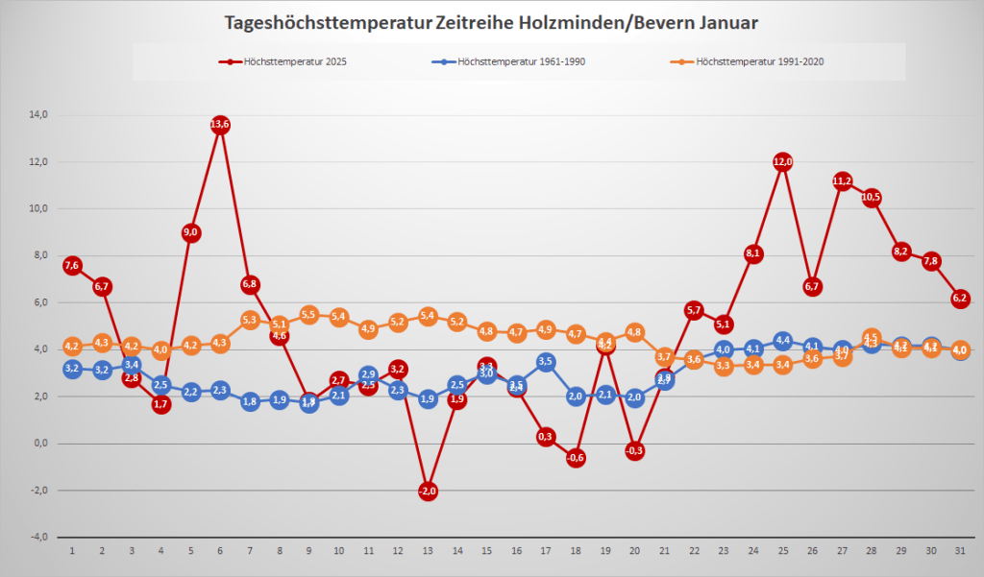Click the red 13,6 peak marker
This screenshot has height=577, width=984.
(220, 125)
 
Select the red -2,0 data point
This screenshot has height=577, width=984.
(428, 491)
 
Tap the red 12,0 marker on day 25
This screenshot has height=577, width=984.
(783, 161)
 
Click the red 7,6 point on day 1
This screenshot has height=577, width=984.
(72, 265)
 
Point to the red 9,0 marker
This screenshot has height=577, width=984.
(190, 232)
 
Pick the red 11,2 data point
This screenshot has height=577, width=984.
(843, 180)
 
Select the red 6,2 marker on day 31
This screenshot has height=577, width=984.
(960, 299)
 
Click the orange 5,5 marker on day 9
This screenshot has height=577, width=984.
(309, 314)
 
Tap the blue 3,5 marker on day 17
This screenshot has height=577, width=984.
(546, 362)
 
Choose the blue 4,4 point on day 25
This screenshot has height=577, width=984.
(783, 341)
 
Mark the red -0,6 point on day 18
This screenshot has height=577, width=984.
(576, 458)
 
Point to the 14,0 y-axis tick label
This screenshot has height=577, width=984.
(38, 115)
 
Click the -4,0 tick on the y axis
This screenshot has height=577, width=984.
(38, 538)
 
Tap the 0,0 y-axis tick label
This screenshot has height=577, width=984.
(40, 444)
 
